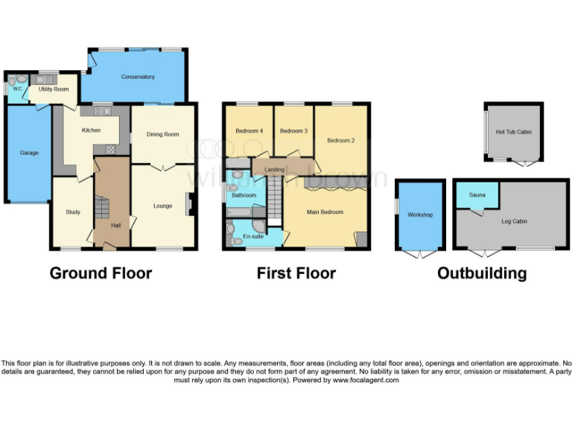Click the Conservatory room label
tap(138, 77)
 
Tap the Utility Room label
tap(54, 89)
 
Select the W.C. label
tap(16, 89)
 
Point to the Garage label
tap(29, 153)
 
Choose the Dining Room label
tap(162, 135)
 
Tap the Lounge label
tap(162, 206)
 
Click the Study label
tap(72, 212)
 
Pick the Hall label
tap(115, 225)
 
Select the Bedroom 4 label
tap(249, 132)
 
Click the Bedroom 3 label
tap(293, 132)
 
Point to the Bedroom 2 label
tap(340, 140)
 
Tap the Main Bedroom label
tap(325, 212)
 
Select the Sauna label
tap(477, 195)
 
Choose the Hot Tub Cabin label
tap(513, 133)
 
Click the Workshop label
tap(420, 215)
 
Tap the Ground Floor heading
tap(101, 273)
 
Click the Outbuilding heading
tap(481, 273)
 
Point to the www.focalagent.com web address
tap(365, 380)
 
